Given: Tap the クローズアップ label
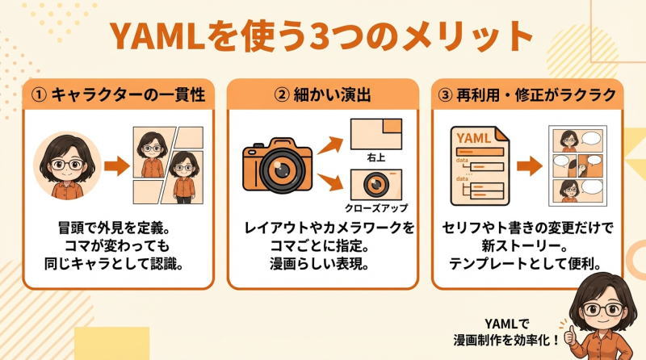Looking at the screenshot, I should pyautogui.click(x=376, y=207).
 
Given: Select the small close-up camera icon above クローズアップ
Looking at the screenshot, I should pyautogui.click(x=376, y=183).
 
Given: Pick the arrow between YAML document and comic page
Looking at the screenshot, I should pyautogui.click(x=530, y=165).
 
